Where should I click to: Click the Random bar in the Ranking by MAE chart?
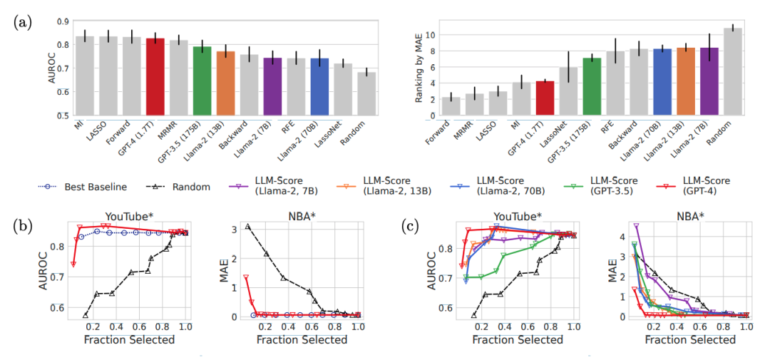(733, 72)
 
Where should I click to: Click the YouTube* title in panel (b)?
(128, 217)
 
